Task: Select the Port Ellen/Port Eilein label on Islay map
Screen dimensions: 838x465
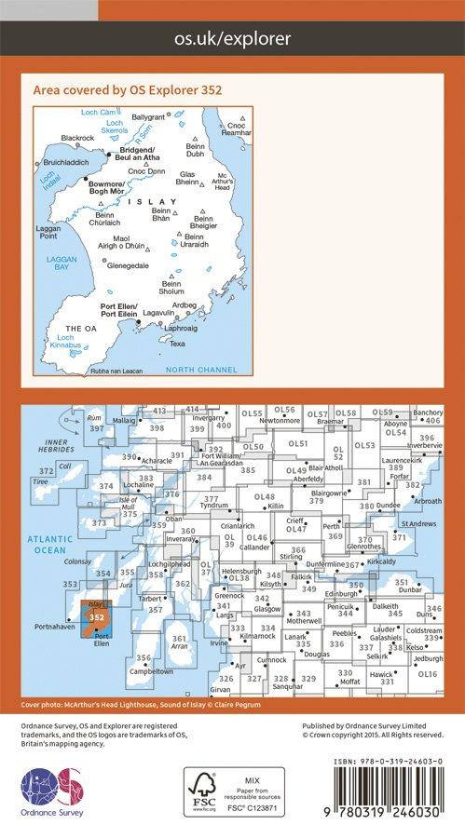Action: tap(120, 314)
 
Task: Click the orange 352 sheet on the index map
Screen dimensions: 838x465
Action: tap(98, 617)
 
